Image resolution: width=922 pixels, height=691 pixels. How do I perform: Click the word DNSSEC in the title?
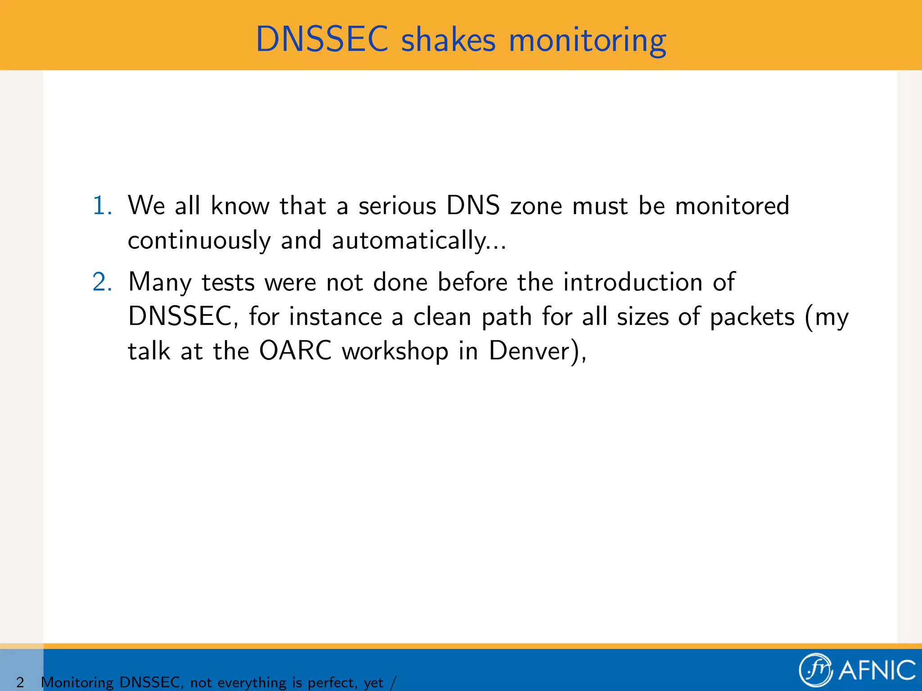coord(322,40)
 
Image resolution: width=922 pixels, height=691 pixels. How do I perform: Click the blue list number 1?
coord(102,206)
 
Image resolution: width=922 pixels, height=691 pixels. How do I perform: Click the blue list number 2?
coord(102,283)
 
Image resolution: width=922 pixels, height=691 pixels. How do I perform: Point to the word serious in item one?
coord(397,206)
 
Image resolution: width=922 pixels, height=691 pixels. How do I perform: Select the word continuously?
coord(199,240)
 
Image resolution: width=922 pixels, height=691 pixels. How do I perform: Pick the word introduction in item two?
coord(633,283)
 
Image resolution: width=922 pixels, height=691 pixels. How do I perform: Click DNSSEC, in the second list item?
coord(183,317)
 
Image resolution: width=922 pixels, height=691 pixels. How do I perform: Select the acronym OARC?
coord(295,351)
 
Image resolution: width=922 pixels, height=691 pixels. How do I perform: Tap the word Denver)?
coord(538,351)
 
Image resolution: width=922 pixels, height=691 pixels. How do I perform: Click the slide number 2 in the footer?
coord(20,682)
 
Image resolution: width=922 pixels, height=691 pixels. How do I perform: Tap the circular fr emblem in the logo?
coord(815,669)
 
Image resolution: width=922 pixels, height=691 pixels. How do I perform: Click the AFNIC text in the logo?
coord(877,670)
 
